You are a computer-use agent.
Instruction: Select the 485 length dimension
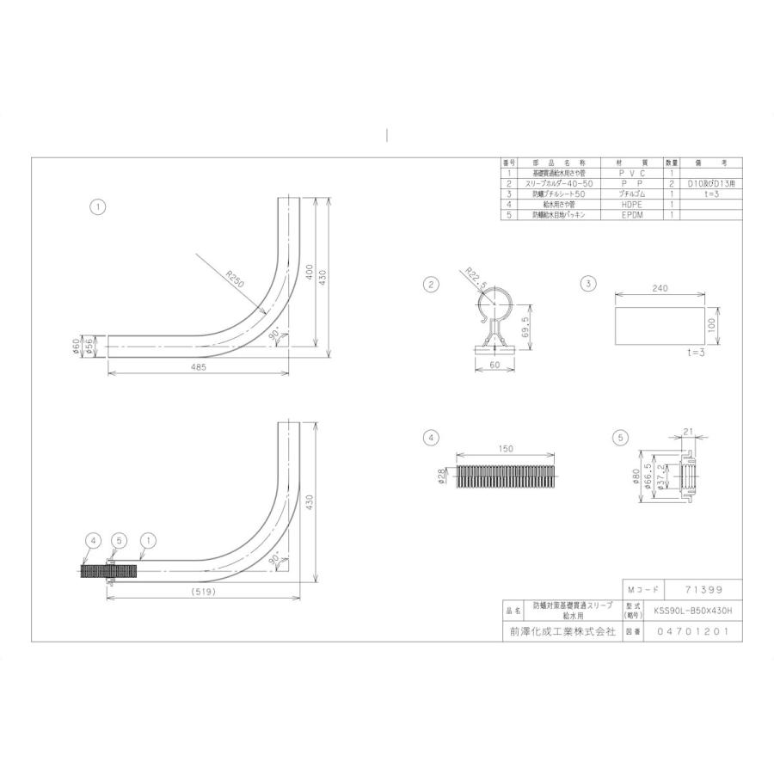click(x=197, y=367)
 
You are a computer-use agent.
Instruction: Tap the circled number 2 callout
click(x=432, y=284)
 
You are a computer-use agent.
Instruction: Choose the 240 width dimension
click(x=660, y=290)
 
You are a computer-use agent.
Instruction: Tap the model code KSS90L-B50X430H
click(x=692, y=610)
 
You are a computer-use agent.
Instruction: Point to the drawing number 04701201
click(x=692, y=631)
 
